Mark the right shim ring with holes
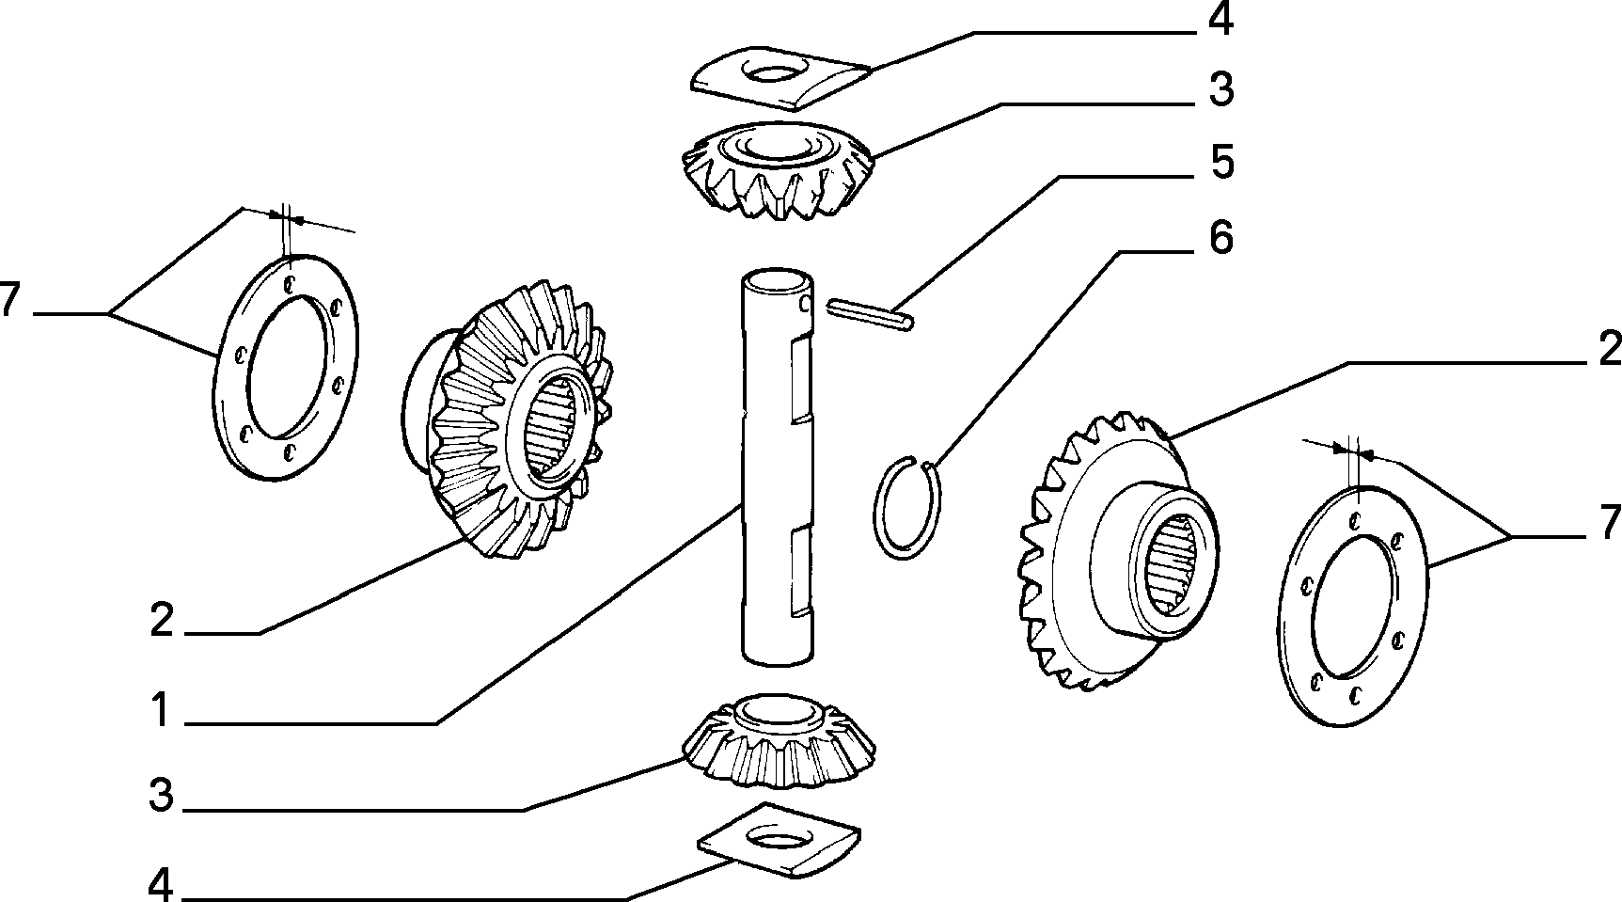click(1352, 605)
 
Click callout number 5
click(1220, 162)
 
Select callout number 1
click(161, 710)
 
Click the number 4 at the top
click(1220, 21)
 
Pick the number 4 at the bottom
click(161, 883)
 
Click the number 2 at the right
click(1608, 349)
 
